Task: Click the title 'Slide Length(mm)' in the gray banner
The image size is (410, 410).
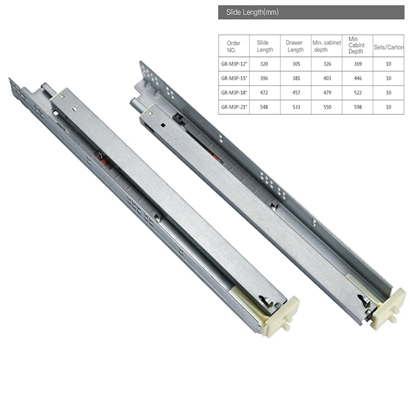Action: coord(248,12)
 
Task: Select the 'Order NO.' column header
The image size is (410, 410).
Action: coord(233,46)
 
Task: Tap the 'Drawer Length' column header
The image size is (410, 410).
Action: coord(295,46)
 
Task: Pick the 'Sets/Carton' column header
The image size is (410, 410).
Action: coord(388,48)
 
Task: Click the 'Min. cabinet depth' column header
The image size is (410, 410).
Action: coord(326,46)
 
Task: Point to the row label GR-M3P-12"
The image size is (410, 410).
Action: coord(234,63)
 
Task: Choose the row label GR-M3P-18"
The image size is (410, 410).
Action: coord(234,92)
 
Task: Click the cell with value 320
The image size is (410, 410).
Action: coord(265,63)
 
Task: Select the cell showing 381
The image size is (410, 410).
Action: coord(295,78)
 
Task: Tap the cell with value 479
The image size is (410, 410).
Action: coord(326,92)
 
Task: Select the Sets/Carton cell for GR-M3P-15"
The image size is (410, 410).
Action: coord(388,78)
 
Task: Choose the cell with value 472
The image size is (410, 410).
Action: coord(265,92)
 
